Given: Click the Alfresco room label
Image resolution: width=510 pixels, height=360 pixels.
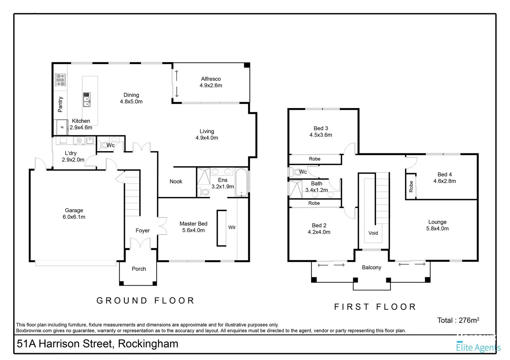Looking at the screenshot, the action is pos(211,82).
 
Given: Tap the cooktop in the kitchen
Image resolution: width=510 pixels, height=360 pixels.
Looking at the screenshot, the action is pos(60,80).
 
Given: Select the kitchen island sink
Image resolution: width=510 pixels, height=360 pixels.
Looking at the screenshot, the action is pos(87,100).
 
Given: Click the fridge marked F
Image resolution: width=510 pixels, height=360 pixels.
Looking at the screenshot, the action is pos(62,127).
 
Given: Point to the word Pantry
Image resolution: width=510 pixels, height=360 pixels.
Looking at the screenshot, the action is pos(60,105).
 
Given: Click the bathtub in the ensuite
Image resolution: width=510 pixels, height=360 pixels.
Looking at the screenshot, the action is pos(241,182).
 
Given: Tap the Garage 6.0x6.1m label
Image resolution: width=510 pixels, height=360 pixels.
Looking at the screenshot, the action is pos(74,214).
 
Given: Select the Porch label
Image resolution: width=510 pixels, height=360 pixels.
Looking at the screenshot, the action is pos(139,269).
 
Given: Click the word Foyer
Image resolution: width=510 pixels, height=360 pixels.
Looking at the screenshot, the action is pos(142,231).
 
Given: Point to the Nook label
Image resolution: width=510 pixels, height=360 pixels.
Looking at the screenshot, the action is pos(176,181).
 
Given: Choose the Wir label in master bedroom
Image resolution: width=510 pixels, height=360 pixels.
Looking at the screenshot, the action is pos(232,227).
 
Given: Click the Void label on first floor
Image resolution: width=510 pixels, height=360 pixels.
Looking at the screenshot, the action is pos(373,233).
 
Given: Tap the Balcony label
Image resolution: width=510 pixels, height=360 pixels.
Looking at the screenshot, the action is pos(371,268).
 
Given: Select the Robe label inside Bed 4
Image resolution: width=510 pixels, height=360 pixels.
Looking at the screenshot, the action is pos(411,187).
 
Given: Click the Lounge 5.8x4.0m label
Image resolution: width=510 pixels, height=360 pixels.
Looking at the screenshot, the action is pos(437,225).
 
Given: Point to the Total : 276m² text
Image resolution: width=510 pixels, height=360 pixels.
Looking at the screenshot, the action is pos(458,320).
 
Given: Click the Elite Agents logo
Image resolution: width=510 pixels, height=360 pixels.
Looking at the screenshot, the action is pos(478,347).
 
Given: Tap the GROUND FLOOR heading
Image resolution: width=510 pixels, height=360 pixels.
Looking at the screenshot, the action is pos(145,301).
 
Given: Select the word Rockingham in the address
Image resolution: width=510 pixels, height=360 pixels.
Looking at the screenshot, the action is pos(148,344).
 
